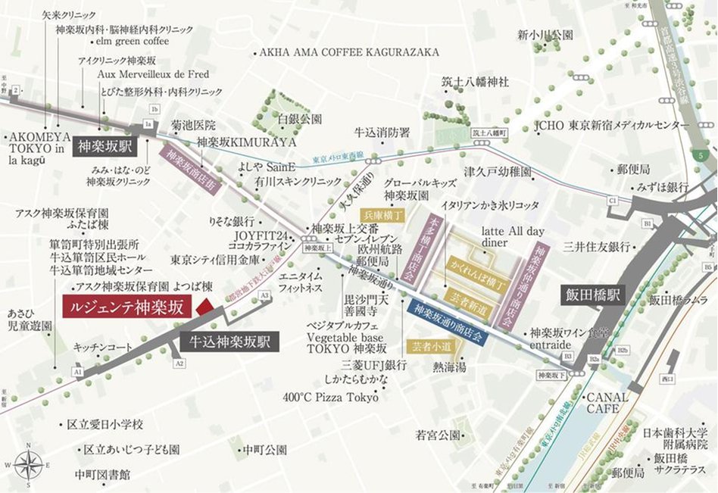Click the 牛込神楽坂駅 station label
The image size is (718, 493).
click(x=230, y=342)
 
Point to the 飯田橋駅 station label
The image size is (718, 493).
click(x=595, y=295)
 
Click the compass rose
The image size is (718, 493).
click(x=28, y=463)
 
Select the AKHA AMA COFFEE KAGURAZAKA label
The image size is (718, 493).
click(x=349, y=52)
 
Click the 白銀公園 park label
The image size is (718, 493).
click(x=300, y=119)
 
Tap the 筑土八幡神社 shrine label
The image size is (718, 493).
click(x=475, y=81)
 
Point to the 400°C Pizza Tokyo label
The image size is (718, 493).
click(x=330, y=398)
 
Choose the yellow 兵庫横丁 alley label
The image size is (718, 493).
click(x=382, y=216)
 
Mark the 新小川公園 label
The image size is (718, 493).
click(x=545, y=35)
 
